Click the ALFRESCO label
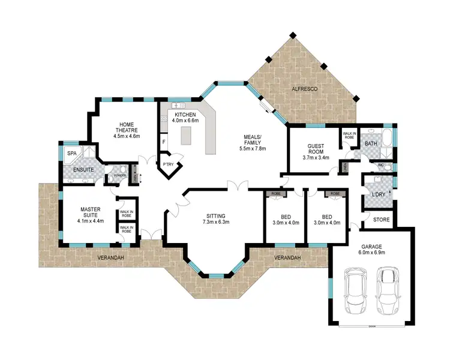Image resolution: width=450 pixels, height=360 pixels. [304, 89]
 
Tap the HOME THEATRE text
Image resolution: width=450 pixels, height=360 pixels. [126, 127]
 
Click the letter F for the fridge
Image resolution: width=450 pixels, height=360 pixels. [164, 142]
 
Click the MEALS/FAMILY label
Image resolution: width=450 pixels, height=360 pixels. [252, 139]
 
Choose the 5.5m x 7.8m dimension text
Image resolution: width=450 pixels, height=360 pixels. [252, 148]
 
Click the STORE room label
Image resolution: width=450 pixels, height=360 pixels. [381, 220]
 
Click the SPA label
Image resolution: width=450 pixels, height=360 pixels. [71, 154]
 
